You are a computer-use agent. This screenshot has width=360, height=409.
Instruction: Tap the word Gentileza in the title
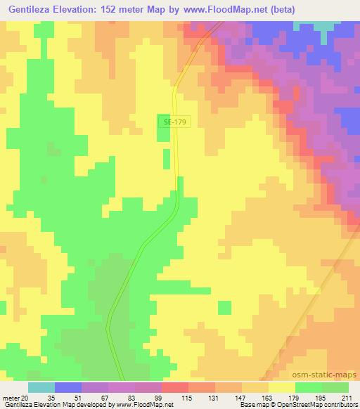[32, 10]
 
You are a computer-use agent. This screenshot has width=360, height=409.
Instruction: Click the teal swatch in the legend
[41, 388]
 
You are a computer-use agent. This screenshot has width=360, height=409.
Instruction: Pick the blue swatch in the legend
[68, 388]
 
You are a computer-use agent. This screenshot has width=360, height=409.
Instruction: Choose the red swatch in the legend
[175, 388]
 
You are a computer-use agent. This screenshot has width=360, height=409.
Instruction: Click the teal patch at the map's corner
[325, 25]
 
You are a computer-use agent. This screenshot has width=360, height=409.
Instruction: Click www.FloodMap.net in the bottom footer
[146, 405]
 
